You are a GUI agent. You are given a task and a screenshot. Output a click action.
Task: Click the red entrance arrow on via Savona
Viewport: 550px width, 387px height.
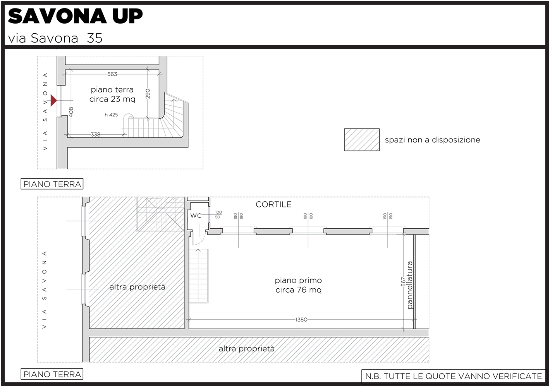[53, 100]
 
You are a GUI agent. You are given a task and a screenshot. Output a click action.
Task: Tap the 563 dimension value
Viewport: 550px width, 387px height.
[112, 74]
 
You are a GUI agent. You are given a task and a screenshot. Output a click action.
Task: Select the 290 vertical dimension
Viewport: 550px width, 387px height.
[148, 94]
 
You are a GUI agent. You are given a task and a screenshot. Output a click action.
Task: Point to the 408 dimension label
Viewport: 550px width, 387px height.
[71, 112]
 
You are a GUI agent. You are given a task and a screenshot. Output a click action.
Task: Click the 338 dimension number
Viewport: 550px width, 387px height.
[96, 134]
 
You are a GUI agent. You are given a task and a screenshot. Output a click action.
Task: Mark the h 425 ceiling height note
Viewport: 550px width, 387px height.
[111, 115]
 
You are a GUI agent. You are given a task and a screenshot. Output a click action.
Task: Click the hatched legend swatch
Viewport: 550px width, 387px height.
[362, 140]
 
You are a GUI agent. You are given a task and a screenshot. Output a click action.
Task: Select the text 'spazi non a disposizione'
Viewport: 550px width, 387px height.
[432, 140]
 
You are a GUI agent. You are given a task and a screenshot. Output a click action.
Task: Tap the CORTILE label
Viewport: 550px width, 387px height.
[273, 204]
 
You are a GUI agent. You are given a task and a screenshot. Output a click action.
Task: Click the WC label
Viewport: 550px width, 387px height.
[196, 216]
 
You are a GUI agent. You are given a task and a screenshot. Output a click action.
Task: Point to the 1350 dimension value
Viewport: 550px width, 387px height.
[301, 320]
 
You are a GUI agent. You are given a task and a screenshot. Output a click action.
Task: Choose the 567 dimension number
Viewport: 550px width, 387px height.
[403, 282]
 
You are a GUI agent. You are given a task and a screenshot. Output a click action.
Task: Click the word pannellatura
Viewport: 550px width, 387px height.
[410, 285]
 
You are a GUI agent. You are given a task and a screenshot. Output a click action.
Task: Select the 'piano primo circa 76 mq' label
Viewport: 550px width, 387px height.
[298, 285]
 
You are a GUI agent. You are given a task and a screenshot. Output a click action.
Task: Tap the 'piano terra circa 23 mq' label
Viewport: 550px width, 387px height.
[112, 94]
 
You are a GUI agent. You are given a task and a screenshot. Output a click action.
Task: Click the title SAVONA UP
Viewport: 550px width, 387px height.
[75, 16]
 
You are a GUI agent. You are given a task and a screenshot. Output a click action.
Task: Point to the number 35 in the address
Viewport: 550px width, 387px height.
[95, 38]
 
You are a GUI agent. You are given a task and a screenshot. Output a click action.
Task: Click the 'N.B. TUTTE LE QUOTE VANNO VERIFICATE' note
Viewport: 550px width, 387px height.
[454, 376]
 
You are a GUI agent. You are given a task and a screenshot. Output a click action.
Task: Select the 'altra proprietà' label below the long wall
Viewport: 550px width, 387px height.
[246, 349]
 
